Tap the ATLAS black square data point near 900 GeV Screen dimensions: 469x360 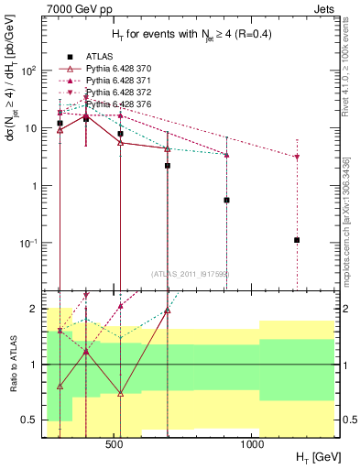coord(226,200)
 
